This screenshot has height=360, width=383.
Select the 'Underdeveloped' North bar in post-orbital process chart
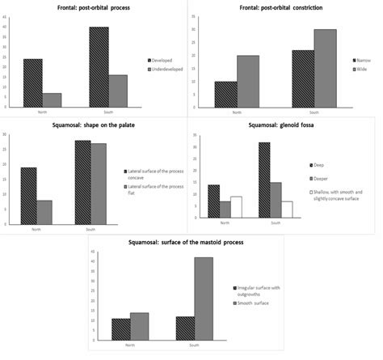pos(52,100)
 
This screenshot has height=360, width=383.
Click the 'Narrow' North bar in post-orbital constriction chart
pos(226,94)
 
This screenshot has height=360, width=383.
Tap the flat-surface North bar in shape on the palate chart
pos(46,211)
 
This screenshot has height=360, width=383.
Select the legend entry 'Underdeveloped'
pos(166,70)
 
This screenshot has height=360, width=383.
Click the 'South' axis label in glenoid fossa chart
pos(276,222)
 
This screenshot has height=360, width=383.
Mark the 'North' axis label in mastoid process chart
pos(131,345)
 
